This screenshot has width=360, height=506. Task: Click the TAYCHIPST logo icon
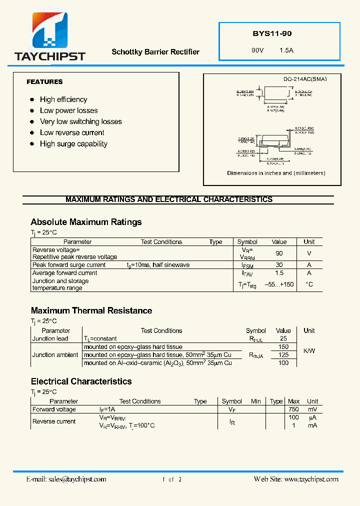pos(50,30)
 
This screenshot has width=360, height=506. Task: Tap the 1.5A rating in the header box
pos(286,50)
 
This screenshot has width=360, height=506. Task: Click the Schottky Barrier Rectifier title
pos(155,52)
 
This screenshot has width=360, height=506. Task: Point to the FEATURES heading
pos(44,81)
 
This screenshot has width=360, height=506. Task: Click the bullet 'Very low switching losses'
pos(80,121)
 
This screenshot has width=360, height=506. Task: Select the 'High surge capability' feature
pos(73,143)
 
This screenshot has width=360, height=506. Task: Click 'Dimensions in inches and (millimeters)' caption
pos(276,173)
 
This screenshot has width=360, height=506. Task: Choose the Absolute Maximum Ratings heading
pos(86,222)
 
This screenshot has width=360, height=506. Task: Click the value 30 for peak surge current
pos(279,265)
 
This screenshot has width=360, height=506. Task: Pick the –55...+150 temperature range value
pos(279,284)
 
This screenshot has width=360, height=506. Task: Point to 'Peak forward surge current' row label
pos(69,265)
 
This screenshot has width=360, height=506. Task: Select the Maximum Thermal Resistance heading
pos(91,310)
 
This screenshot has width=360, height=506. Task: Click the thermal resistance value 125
pos(283,355)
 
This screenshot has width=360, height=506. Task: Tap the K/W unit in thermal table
pos(309,350)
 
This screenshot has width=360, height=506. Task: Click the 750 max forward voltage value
pos(293,409)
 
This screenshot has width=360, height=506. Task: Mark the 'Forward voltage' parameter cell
pos(54,409)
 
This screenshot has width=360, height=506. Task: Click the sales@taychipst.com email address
pos(77,479)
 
